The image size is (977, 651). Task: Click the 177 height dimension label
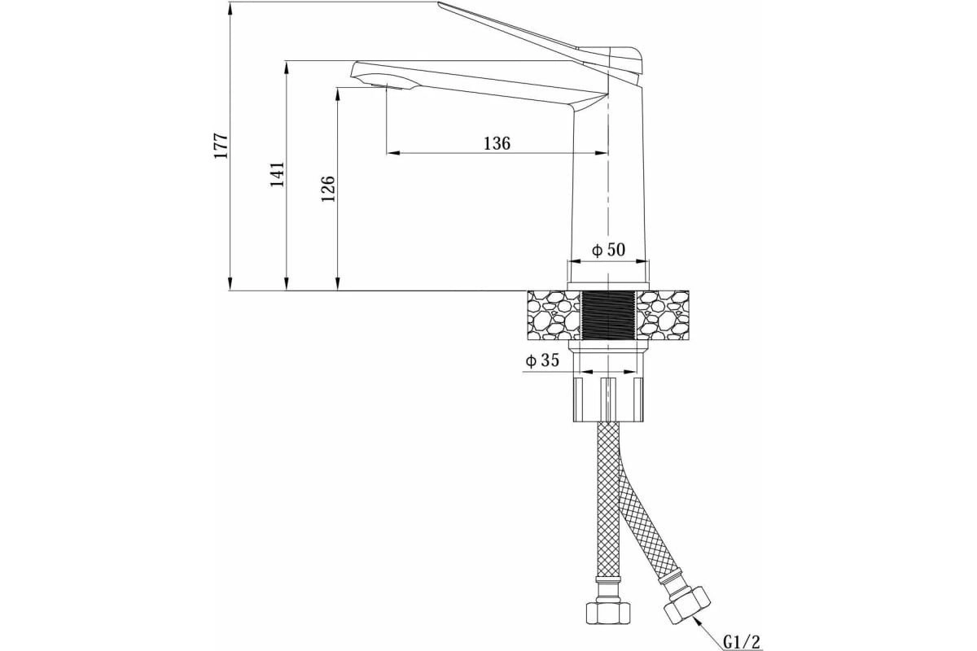[x=221, y=146]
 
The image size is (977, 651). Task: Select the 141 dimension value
[x=277, y=174]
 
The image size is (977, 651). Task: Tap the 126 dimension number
[x=327, y=188]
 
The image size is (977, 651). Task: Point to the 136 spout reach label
[x=497, y=143]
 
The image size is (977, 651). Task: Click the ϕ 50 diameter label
[x=608, y=250]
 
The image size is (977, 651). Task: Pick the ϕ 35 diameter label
[x=542, y=360]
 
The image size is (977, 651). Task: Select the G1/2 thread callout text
[x=742, y=641]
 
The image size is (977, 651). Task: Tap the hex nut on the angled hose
[x=687, y=606]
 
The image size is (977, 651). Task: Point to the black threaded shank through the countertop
[x=609, y=315]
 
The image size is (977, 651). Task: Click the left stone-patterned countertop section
[x=554, y=315]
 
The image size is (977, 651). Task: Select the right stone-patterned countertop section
[x=663, y=315]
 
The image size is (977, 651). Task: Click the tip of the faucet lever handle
[x=439, y=3]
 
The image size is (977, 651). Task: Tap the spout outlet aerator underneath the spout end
[x=387, y=86]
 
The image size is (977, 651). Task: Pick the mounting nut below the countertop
[x=609, y=400]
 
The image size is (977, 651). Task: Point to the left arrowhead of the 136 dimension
[x=393, y=153]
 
